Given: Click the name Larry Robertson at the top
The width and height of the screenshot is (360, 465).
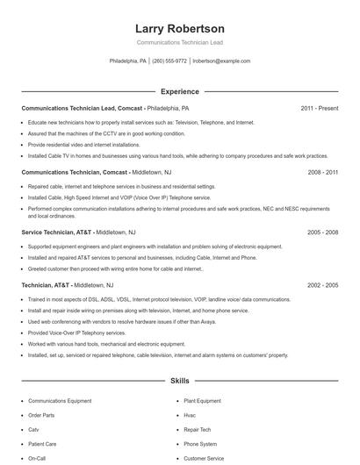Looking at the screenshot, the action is [179, 29].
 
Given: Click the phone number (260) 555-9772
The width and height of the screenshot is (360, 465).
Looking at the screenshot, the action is [169, 61].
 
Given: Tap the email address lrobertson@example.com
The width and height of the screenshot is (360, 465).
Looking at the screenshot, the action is [221, 61].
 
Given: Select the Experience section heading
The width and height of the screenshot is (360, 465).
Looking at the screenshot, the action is [180, 91].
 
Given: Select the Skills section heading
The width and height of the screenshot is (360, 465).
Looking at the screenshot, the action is [180, 382].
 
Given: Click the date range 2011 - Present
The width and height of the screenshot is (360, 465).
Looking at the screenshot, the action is [319, 109].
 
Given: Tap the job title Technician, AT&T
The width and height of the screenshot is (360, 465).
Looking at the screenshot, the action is [45, 285].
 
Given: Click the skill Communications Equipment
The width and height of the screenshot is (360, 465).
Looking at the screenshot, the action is [59, 401].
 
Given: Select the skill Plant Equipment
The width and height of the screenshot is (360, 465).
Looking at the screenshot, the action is [203, 401].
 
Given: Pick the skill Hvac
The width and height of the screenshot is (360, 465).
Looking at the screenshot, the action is [191, 415].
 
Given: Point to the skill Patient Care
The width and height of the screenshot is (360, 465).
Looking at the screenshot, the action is [42, 444].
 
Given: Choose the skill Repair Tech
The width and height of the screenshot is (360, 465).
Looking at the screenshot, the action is [198, 430].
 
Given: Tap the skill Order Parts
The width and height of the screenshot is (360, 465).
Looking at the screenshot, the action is [41, 415].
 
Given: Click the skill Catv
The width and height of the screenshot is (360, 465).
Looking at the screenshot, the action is [34, 430].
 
